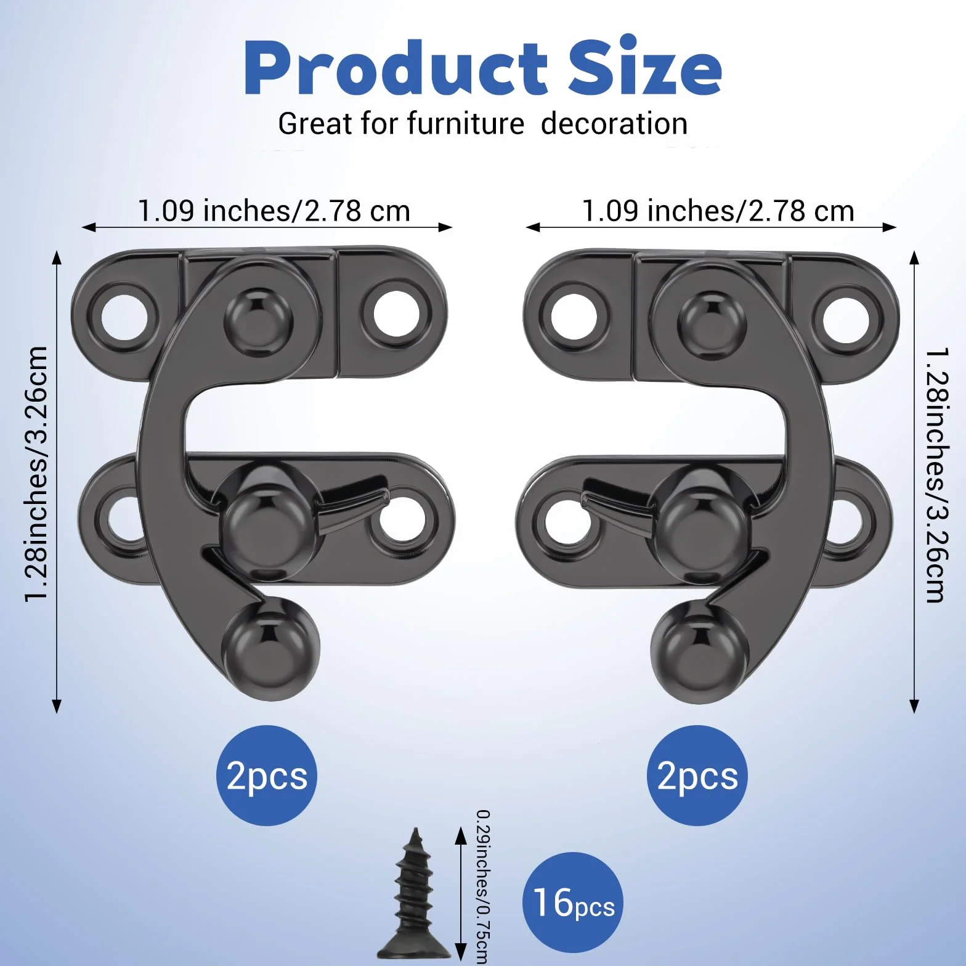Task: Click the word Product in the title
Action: (x=396, y=67)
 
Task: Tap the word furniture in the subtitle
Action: (x=465, y=123)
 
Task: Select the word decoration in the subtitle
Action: (x=614, y=124)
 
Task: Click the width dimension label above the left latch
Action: (x=274, y=211)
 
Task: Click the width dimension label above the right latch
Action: (x=718, y=211)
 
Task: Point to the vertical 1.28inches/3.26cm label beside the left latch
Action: (x=36, y=473)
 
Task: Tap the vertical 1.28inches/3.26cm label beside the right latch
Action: (x=938, y=475)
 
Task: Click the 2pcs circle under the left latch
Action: (x=267, y=775)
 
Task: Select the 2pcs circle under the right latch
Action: (x=697, y=775)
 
